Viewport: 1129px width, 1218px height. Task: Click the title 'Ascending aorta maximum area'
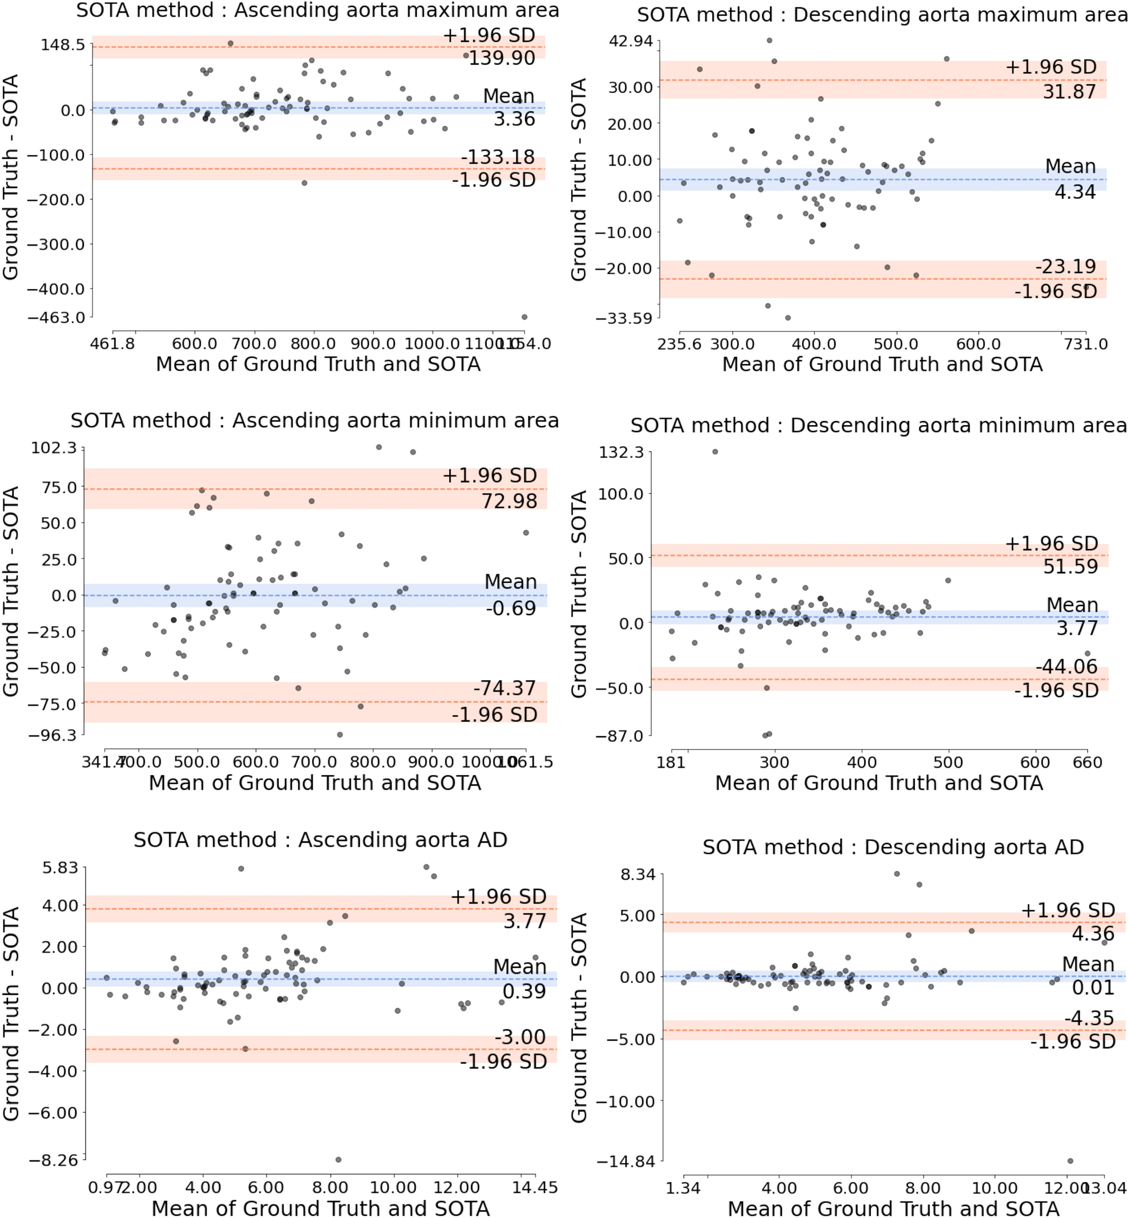tap(317, 10)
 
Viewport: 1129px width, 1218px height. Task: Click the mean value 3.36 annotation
tap(514, 118)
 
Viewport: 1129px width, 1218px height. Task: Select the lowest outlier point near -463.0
tap(524, 317)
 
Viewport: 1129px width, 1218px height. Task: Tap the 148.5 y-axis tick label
tap(63, 45)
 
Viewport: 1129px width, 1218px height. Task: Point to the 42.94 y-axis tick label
tap(631, 41)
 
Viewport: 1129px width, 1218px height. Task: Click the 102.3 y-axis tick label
tap(55, 448)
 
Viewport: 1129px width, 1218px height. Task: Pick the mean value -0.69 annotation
tap(511, 608)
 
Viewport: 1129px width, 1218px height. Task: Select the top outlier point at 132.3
tap(715, 451)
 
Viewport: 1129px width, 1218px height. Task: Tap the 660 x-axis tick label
tap(1087, 763)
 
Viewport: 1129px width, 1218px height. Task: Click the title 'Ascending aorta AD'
tap(320, 840)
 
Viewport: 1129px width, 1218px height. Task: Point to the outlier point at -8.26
tap(339, 1159)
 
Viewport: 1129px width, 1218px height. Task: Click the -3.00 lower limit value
tap(520, 1037)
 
